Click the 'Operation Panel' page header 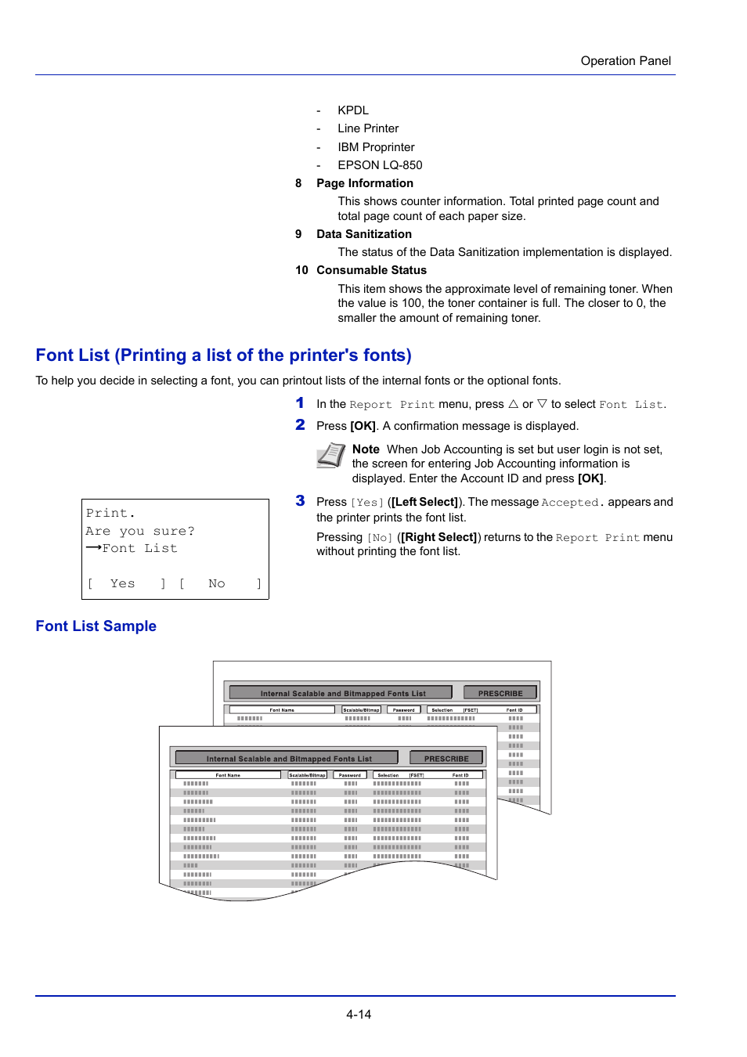point(625,61)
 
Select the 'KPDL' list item point(352,110)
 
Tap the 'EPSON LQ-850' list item point(380,165)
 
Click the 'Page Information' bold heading point(364,183)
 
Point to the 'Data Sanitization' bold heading point(363,234)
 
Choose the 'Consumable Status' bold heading point(371,270)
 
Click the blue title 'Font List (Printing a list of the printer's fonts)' point(223,355)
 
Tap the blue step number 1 point(300,403)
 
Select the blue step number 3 point(300,501)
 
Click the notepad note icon point(330,455)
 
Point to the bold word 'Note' point(366,449)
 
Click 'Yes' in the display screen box point(122,583)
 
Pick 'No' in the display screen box point(216,583)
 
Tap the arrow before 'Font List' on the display point(93,548)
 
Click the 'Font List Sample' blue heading point(96,626)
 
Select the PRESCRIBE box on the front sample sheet point(446,758)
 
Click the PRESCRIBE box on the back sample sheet point(500,693)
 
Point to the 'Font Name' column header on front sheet point(228,775)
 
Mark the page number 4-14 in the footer point(359,1014)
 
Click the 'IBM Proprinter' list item point(376,147)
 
